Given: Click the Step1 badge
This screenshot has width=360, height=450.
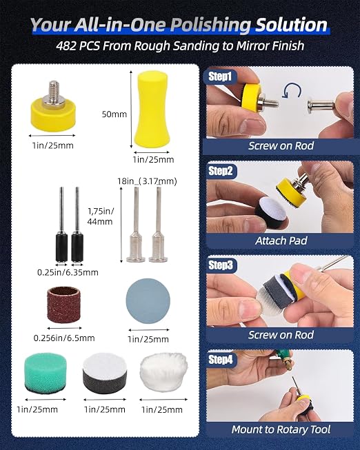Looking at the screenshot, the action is coord(220,76).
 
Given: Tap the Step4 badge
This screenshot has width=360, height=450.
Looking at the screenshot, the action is coord(221,359).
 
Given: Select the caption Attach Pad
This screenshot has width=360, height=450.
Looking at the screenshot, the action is coord(281,241).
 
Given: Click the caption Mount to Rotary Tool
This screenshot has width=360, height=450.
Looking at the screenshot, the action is coord(281,429).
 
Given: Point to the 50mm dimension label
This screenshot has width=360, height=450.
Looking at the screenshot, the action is coord(114,114).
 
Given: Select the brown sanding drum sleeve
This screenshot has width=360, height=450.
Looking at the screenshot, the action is coord(63,305).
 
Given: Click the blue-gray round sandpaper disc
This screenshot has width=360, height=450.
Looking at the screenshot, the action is coord(148,300).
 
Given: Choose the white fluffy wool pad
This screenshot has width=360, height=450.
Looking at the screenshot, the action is coord(163,372).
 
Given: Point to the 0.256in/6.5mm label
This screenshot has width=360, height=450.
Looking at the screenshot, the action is coord(64,338).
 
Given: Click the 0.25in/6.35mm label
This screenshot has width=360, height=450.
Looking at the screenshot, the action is coord(68,272).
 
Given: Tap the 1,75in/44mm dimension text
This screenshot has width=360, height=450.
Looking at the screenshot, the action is coord(101,216).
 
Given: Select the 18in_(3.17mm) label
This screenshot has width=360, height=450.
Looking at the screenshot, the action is coord(147,181).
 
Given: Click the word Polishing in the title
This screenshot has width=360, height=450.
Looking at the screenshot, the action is coord(211,25).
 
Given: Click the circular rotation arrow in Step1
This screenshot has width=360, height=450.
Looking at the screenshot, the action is coord(292,91).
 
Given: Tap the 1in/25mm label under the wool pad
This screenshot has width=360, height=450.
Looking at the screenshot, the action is coord(162,409).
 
